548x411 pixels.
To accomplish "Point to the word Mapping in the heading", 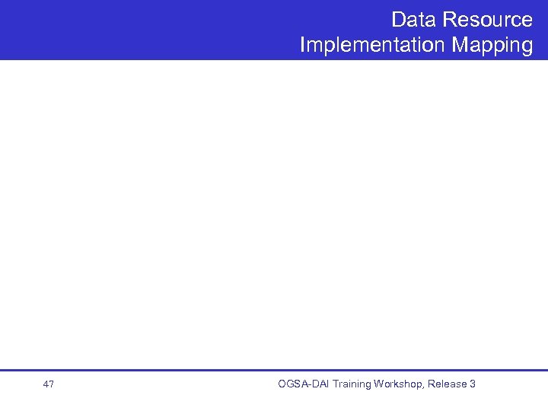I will [x=492, y=46].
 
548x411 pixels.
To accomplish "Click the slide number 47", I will [x=49, y=384].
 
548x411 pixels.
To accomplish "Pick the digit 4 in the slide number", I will [x=46, y=384].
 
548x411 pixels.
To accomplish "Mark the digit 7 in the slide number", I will [x=52, y=384].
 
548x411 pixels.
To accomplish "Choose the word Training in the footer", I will [x=352, y=384].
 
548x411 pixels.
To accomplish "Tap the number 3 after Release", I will [x=473, y=384].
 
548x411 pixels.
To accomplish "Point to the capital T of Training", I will [x=336, y=384].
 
